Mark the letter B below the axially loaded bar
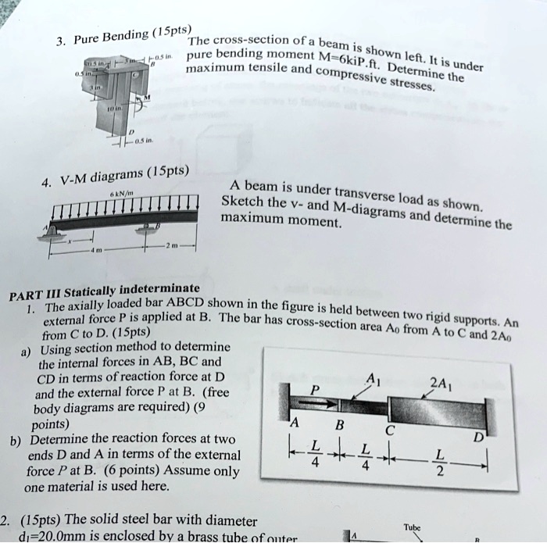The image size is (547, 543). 339,427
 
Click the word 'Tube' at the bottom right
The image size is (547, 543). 413,527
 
